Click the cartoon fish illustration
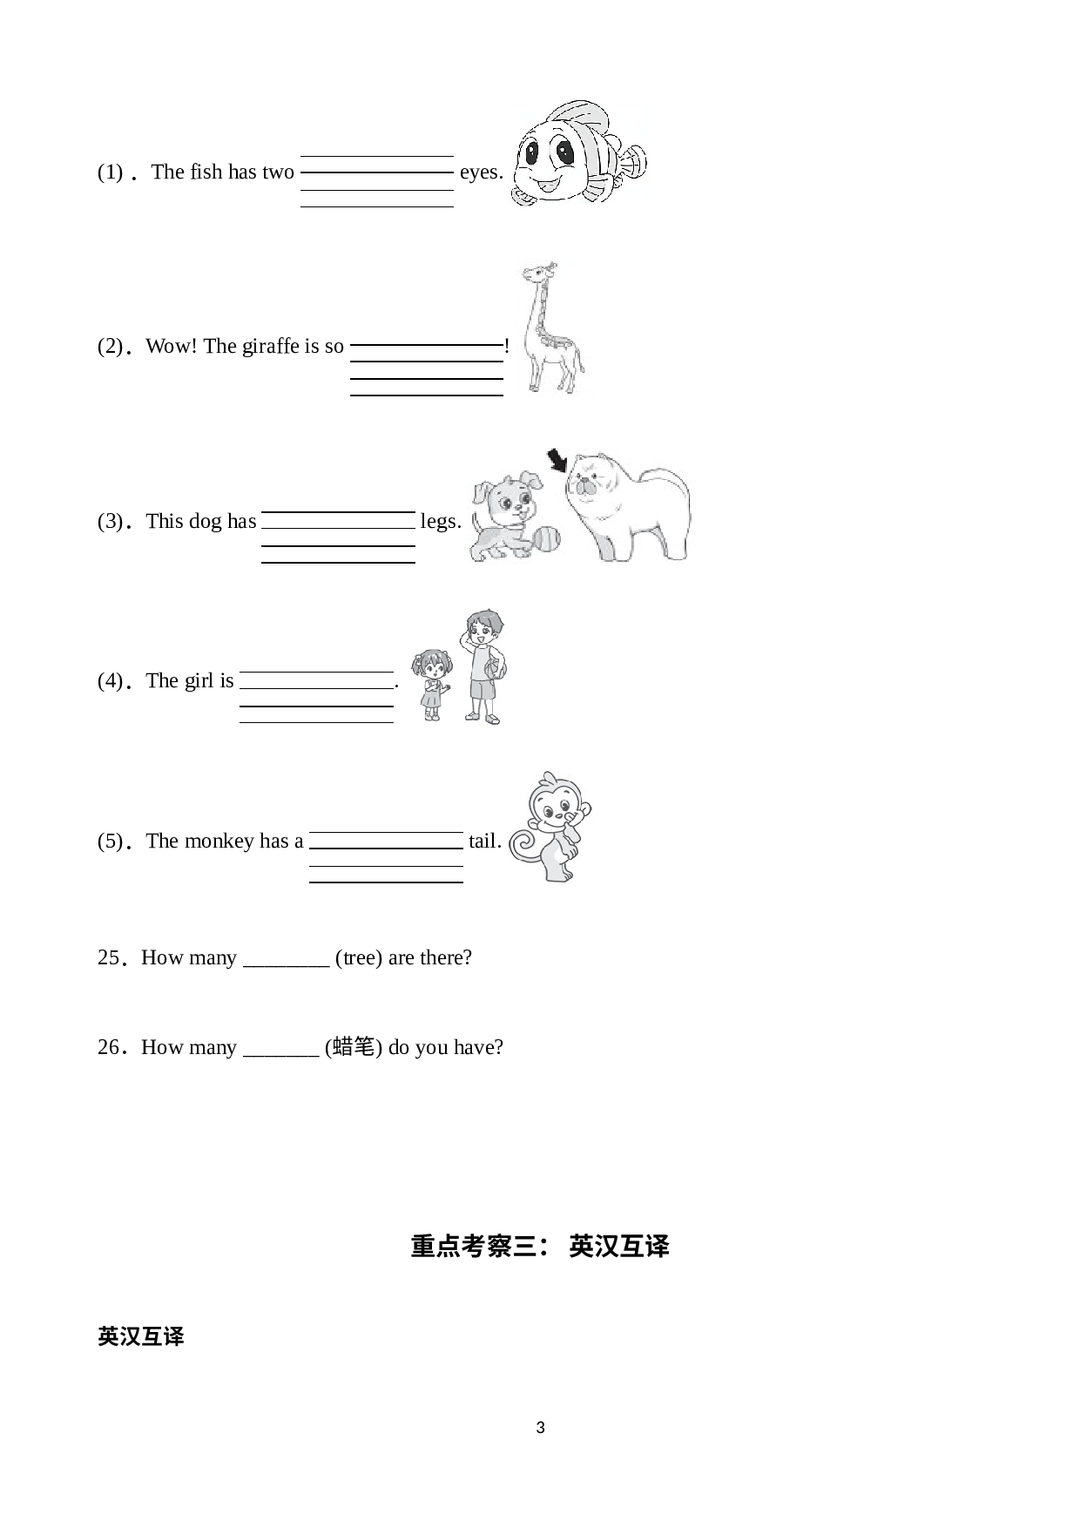[x=578, y=153]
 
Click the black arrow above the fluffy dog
[x=556, y=459]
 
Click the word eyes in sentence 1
[x=481, y=172]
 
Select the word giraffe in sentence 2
[x=270, y=346]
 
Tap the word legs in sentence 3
[x=441, y=521]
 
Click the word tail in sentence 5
[x=484, y=841]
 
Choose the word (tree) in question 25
[x=359, y=958]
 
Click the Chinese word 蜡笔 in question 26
[x=354, y=1046]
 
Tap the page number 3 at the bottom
[x=540, y=1428]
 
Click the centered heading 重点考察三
[x=478, y=1247]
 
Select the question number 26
[x=108, y=1047]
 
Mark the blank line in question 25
[x=286, y=965]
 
